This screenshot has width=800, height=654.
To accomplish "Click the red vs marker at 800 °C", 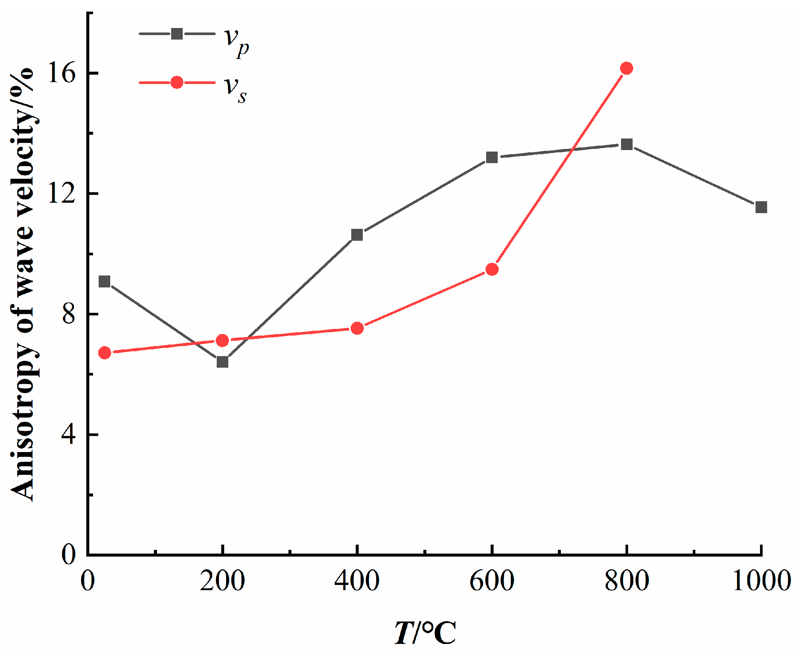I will click(x=626, y=68).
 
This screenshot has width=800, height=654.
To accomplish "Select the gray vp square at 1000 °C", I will click(x=761, y=207).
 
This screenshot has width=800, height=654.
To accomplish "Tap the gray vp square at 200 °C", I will click(x=222, y=362).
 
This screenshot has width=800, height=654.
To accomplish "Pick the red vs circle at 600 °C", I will click(x=492, y=270).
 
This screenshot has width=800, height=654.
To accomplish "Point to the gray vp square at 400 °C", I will click(x=357, y=235).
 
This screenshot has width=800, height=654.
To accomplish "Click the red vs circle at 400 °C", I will click(x=357, y=328).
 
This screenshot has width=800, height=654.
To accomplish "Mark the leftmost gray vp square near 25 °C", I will click(x=104, y=281).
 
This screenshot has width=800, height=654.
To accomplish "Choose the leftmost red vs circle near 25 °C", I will click(x=105, y=353).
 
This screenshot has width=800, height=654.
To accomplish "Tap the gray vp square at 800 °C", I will click(x=627, y=144).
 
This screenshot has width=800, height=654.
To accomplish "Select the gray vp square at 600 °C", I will click(x=492, y=157).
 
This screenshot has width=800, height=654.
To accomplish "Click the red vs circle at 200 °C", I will click(x=222, y=340).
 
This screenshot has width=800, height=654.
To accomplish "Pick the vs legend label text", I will click(x=236, y=89).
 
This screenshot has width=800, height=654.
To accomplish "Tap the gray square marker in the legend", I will click(x=177, y=34).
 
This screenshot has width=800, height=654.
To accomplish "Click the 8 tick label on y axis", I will click(x=69, y=314).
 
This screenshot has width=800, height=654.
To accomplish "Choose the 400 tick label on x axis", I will click(x=356, y=580).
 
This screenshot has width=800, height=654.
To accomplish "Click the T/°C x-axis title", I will click(x=425, y=633).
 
